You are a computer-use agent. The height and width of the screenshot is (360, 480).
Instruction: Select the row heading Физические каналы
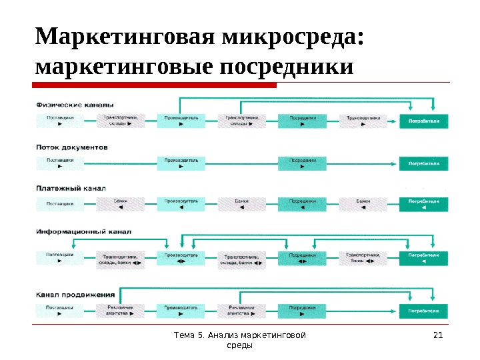coord(75,105)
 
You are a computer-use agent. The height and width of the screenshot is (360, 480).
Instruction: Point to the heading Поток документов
coord(72,147)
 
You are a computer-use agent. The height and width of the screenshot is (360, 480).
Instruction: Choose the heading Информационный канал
coord(83,231)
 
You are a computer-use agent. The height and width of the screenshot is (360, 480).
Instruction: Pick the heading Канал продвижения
coord(75,293)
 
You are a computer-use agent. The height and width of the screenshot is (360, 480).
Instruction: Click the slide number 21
coord(438,335)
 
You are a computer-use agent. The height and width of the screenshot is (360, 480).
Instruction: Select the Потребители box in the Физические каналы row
coord(424,121)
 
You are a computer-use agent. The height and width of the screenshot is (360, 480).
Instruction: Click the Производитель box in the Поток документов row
coord(181,163)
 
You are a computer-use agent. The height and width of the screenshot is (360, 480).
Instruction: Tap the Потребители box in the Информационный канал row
coord(424,259)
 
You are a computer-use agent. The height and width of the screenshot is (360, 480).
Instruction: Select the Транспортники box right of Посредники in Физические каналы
coord(363,121)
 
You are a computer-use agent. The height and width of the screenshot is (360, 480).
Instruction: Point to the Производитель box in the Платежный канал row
coord(181,204)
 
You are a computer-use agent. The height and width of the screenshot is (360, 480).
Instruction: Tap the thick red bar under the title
coord(155,85)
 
